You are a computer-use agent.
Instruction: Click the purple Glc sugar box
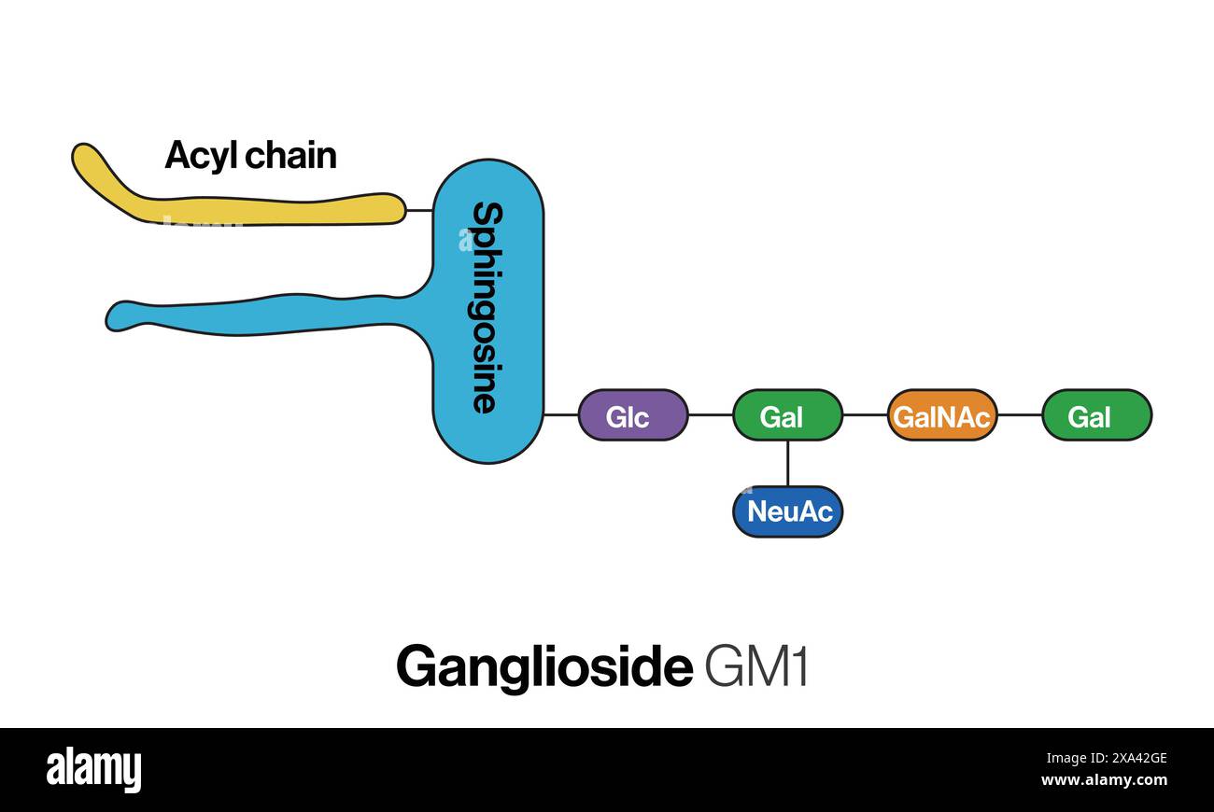coord(632,415)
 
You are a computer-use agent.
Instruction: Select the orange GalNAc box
coord(941,415)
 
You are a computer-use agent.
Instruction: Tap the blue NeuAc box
coord(787,511)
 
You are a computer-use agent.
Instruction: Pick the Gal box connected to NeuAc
coord(786,415)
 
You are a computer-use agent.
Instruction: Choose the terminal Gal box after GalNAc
coord(1095,415)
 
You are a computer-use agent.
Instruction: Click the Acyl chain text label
coord(250,155)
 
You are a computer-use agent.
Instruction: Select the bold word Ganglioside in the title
coord(543,666)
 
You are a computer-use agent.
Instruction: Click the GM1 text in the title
coord(756,666)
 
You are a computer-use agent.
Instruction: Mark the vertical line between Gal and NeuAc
coord(787,463)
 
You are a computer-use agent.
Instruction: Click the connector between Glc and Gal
coord(710,414)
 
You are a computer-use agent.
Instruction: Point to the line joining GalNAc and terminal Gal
coord(1019,414)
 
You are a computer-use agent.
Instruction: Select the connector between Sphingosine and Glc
coord(560,414)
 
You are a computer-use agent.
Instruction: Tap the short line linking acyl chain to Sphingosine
coord(419,210)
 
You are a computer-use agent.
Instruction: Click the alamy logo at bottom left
coord(93,770)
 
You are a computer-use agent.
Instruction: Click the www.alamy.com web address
coord(1103,780)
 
